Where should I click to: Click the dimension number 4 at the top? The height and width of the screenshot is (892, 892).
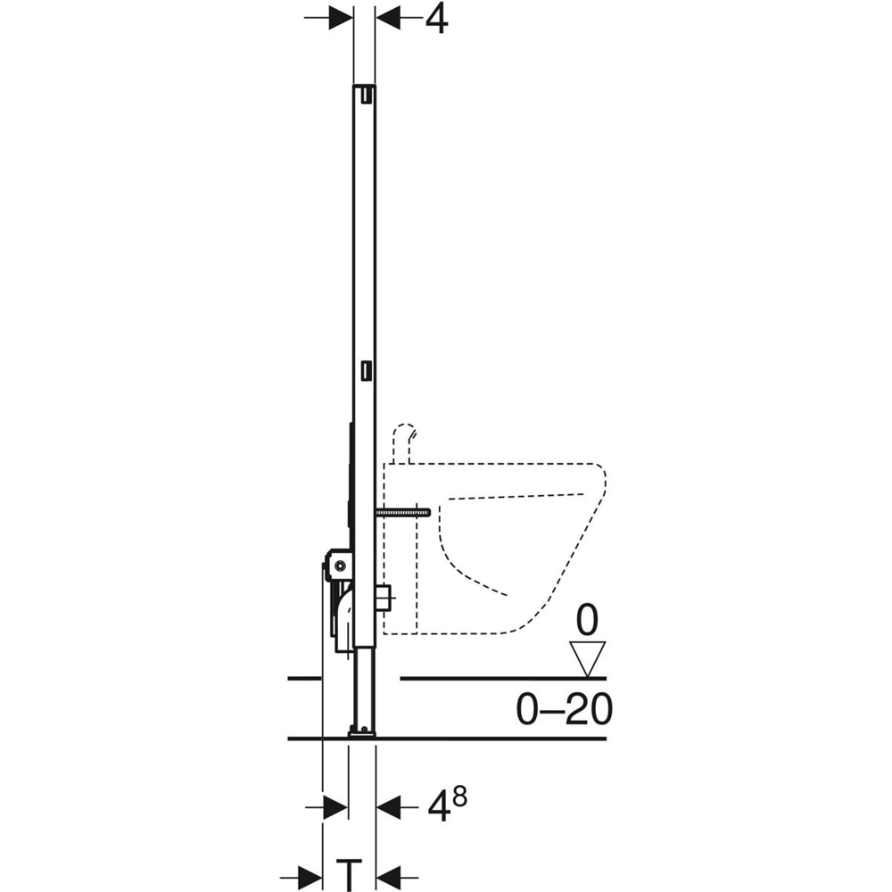(435, 18)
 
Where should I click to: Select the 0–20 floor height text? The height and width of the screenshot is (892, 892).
(564, 710)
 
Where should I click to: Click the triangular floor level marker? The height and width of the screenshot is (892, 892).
(587, 658)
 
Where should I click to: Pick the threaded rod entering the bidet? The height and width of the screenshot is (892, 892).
(403, 513)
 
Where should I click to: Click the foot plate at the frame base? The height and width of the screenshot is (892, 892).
(362, 732)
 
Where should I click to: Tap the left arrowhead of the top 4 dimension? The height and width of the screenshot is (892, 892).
(339, 18)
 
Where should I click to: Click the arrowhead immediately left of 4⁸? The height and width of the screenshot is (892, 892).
(388, 808)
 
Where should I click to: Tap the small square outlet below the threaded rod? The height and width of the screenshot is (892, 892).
(384, 598)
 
